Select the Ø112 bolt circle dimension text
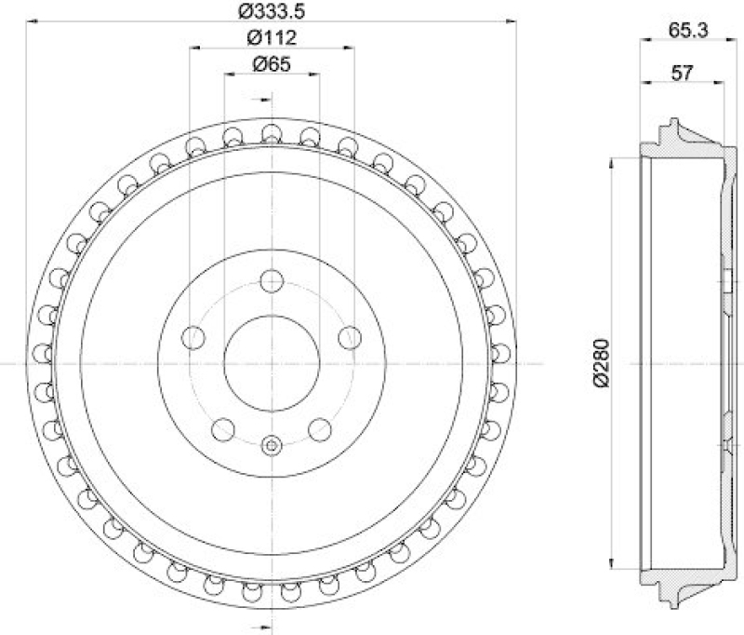[272, 38]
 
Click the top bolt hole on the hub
[272, 280]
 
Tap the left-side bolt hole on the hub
[194, 337]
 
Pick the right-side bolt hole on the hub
[350, 337]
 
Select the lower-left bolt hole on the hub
[223, 428]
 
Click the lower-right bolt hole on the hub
[320, 428]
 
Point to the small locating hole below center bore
[272, 445]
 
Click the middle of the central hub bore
[272, 362]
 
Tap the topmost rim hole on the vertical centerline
[272, 132]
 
